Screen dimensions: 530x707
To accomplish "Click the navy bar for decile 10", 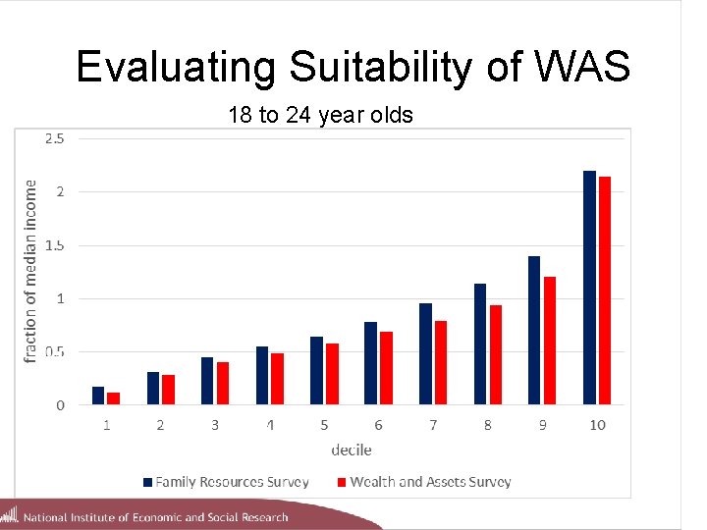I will click(x=589, y=288).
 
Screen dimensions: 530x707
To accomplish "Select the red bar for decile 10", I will click(x=605, y=291).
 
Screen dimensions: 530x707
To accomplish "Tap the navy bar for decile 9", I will click(x=534, y=330).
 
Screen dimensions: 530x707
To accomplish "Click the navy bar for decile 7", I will click(x=425, y=353).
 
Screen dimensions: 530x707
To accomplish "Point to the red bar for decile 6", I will click(x=387, y=368).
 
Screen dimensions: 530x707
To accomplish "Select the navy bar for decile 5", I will click(x=316, y=370).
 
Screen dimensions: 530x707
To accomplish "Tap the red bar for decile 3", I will click(x=223, y=383).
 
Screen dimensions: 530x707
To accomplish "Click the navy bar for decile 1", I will click(x=98, y=396).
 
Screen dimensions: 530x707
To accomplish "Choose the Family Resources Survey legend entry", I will click(x=226, y=482).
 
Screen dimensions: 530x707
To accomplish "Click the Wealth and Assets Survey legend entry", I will click(x=423, y=482).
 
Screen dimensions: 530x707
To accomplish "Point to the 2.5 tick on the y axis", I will click(x=55, y=138).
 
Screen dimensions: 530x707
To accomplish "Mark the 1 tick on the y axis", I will click(x=60, y=298).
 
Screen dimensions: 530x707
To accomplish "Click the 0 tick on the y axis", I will click(x=60, y=404).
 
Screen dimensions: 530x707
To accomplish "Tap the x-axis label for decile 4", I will click(x=269, y=425).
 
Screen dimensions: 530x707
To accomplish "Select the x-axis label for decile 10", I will click(x=597, y=425).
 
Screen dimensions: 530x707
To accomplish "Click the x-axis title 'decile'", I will click(x=352, y=450).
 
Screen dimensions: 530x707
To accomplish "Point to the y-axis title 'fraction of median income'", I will click(x=30, y=270).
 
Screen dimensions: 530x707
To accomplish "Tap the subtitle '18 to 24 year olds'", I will click(x=320, y=116).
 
